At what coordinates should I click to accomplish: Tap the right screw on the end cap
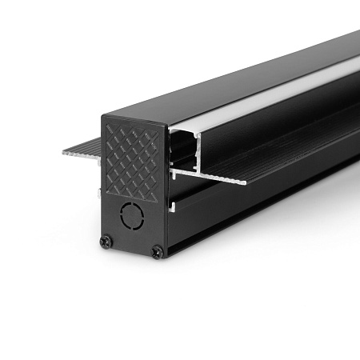[x=158, y=252]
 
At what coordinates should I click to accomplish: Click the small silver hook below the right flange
[x=171, y=208]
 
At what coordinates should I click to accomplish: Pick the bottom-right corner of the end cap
[x=165, y=258]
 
